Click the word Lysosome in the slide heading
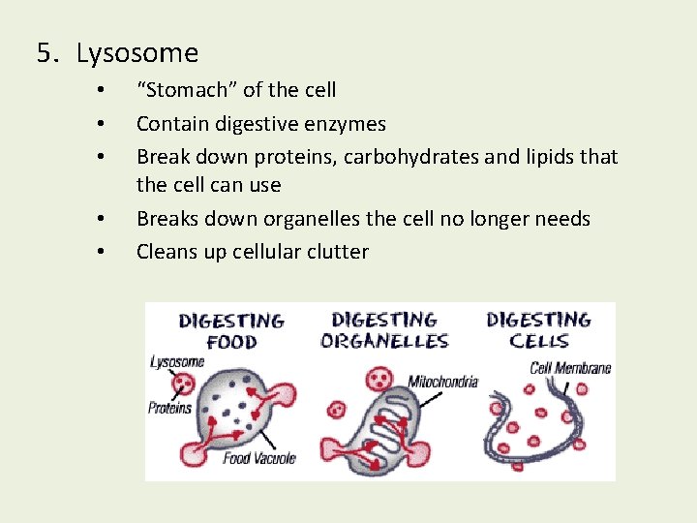136,53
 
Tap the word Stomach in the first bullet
184,90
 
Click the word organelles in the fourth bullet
313,219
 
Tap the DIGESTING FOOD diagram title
231,330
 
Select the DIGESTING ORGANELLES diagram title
384,330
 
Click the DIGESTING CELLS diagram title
538,330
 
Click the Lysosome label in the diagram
177,361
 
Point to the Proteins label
169,408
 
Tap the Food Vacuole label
258,458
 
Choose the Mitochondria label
442,382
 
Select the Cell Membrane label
570,367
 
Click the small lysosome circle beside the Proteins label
183,386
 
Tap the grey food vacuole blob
232,407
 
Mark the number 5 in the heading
44,53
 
